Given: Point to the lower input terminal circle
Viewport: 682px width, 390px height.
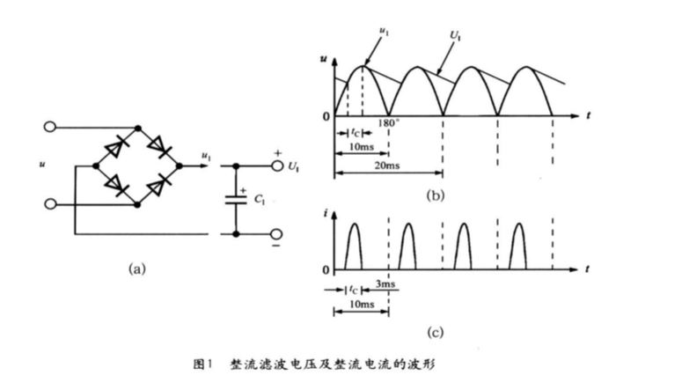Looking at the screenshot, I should pos(51,203).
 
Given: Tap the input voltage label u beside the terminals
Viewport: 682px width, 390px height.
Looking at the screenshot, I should pos(41,165).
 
